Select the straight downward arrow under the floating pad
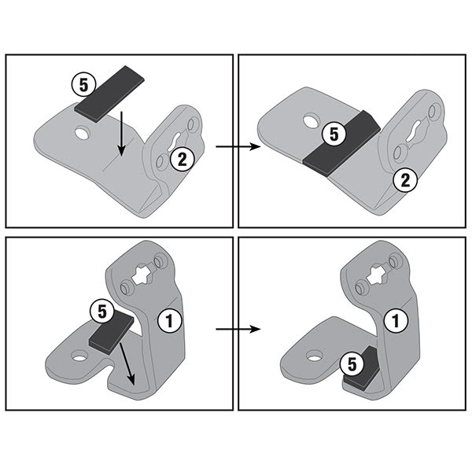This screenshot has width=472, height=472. coord(120,135)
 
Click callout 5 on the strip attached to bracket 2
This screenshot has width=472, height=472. coord(334,135)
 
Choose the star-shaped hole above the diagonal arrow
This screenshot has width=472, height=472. coord(142,278)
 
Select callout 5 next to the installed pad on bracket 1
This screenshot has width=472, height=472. coord(351,363)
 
